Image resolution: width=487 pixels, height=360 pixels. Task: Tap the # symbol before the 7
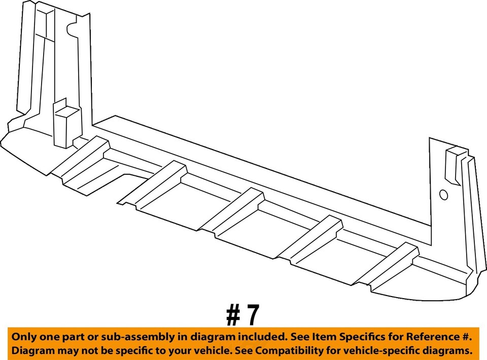[233, 315]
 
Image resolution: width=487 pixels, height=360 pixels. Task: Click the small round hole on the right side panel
[443, 195]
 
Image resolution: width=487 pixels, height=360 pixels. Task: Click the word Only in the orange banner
[24, 337]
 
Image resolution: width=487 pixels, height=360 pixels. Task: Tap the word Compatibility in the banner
[289, 350]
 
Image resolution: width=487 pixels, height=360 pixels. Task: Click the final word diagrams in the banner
[447, 350]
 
